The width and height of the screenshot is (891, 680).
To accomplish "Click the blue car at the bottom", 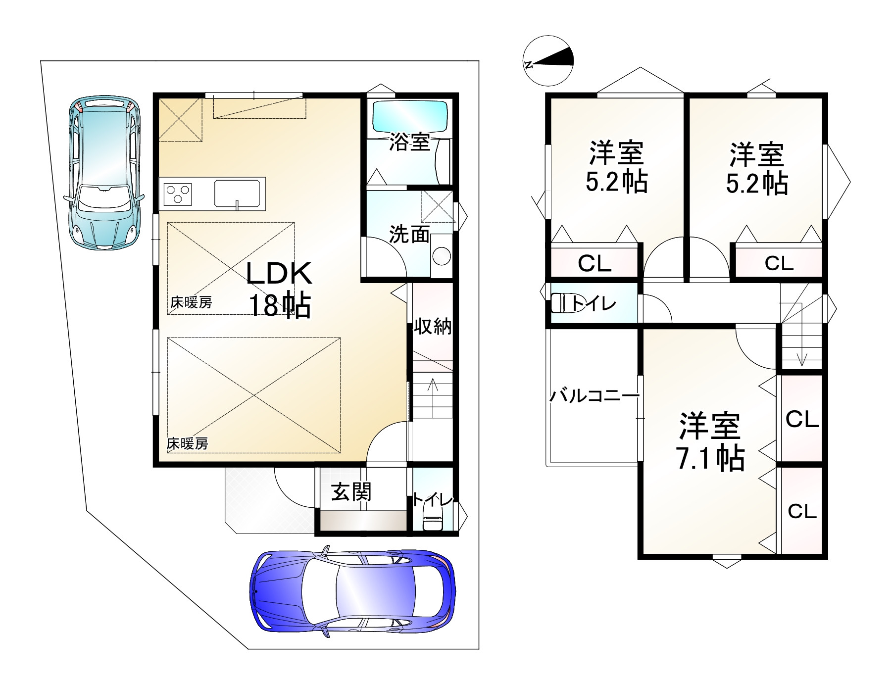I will [x=352, y=593].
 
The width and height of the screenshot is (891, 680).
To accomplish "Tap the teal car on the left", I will [x=104, y=171].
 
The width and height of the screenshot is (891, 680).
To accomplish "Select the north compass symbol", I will [x=548, y=60].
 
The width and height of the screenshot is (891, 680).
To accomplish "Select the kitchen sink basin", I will [x=238, y=193].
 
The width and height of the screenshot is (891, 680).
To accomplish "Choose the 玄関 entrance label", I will [x=351, y=492].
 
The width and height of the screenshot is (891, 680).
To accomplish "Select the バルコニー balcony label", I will [x=589, y=396].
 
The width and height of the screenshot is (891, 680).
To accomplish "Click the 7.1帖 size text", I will [x=710, y=459].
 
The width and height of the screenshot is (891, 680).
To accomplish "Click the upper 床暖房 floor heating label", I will [x=191, y=302].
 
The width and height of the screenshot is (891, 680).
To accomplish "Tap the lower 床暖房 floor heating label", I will [x=187, y=443].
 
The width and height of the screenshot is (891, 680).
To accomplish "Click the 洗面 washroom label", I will [x=409, y=235].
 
